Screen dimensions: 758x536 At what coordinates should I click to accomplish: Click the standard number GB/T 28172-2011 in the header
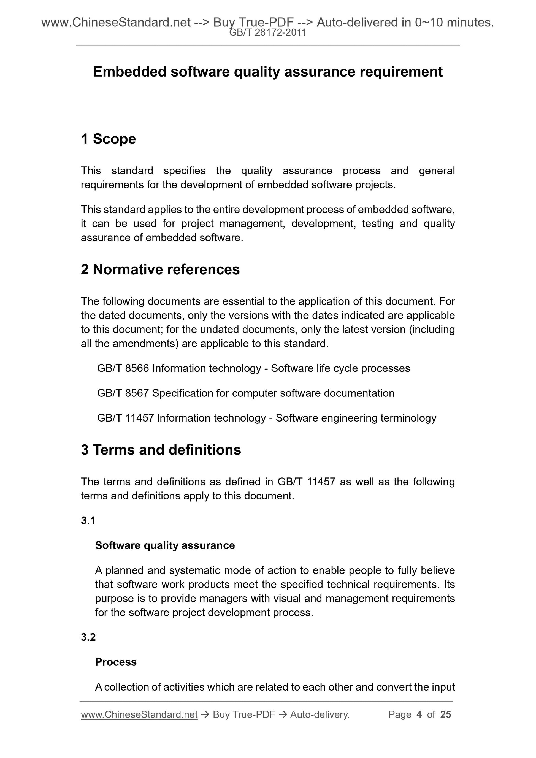point(267,33)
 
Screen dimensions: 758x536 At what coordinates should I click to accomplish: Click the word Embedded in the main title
point(129,72)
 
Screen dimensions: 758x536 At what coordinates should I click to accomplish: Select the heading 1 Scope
point(108,139)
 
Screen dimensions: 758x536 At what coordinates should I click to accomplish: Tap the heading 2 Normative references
point(160,269)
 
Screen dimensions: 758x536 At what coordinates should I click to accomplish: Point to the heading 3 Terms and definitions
point(161,450)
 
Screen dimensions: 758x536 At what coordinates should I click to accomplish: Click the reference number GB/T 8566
point(123,368)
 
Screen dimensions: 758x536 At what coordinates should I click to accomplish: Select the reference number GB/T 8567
point(123,393)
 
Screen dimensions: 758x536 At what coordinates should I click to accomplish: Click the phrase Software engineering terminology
point(356,418)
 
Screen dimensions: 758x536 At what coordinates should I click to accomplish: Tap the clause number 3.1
point(88,521)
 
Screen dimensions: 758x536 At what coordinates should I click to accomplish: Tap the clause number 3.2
point(88,637)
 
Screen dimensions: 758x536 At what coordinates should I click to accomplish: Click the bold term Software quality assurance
point(165,545)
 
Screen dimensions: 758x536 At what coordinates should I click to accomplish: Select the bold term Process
point(116,662)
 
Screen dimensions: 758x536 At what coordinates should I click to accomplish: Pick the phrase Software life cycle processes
point(340,368)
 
